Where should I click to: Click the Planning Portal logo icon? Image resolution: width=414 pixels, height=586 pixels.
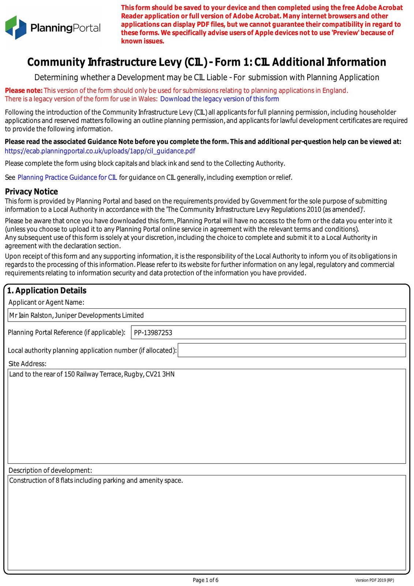pos(16,27)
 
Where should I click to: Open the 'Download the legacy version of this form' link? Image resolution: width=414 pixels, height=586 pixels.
pos(219,99)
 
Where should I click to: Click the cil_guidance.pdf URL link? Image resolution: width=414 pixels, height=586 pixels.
pos(100,151)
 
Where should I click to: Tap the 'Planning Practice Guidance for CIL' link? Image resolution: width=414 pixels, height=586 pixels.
pos(67,178)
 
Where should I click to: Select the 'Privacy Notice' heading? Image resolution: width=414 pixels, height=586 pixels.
pos(31,192)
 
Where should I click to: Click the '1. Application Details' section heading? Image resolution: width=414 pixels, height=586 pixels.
pos(47,290)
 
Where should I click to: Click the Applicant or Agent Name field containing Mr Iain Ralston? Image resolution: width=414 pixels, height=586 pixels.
pos(207,315)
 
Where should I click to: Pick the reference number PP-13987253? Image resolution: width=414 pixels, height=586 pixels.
pos(153,333)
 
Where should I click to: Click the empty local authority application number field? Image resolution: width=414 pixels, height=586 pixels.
pos(291,350)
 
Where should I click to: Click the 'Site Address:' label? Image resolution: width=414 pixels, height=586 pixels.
pos(27,364)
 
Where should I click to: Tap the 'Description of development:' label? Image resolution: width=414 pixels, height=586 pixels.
pos(50,470)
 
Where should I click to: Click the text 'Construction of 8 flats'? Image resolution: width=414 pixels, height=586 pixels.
pos(41,481)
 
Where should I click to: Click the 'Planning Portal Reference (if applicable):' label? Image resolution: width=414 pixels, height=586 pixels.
pos(67,333)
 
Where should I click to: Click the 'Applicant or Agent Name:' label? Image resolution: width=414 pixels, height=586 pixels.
pos(46,302)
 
